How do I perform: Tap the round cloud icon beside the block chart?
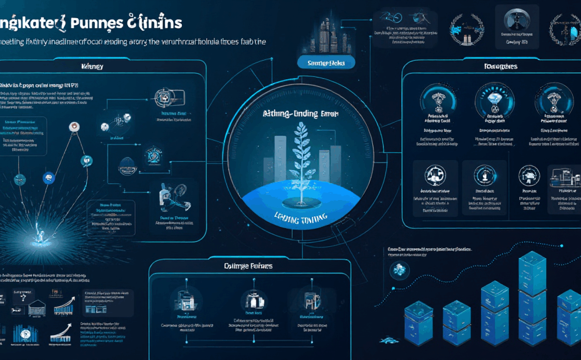(x=397, y=271)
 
